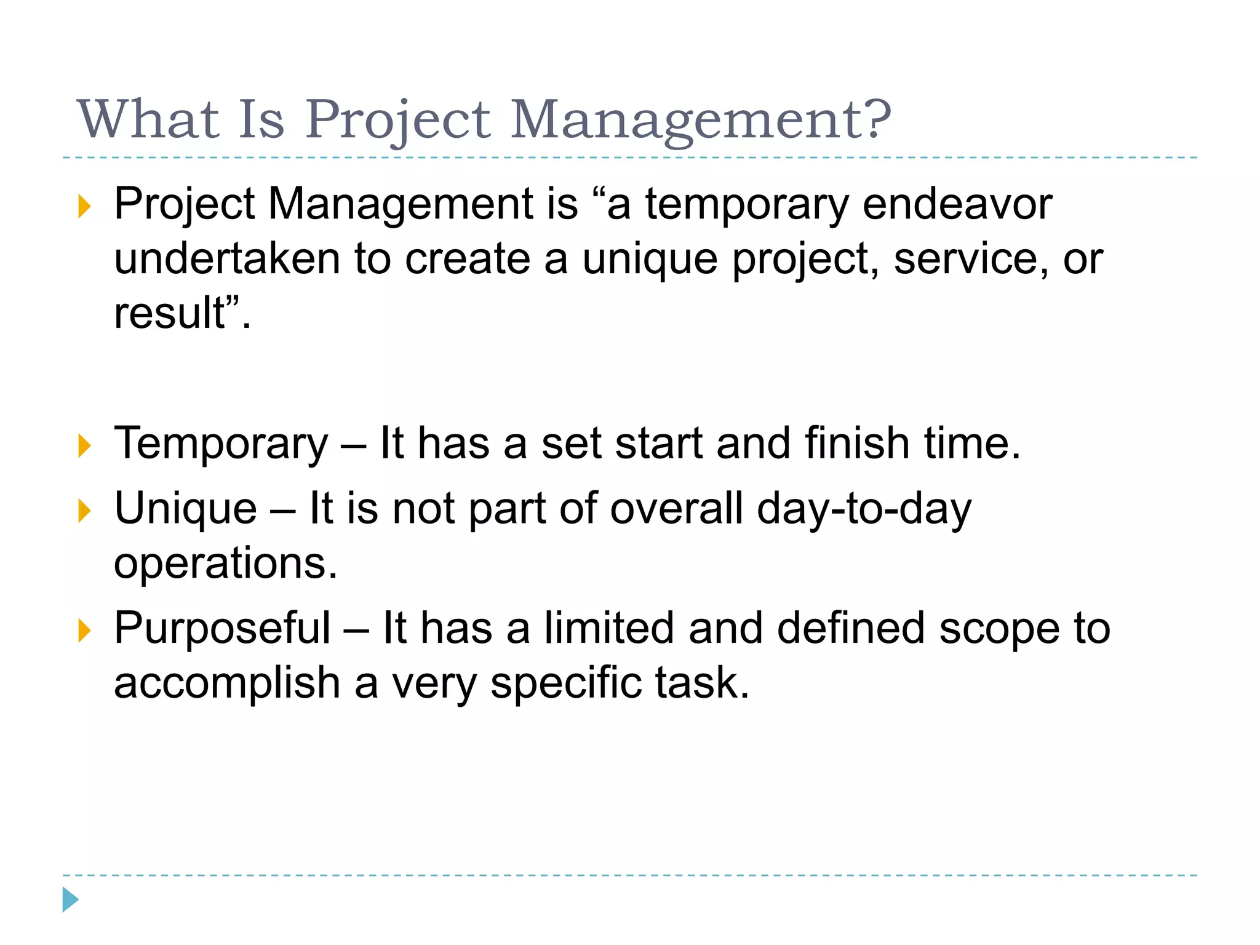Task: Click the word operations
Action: [226, 564]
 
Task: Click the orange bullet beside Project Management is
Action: [84, 206]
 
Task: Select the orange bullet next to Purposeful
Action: [84, 631]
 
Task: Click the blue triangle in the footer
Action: [70, 899]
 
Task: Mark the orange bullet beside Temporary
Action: [84, 445]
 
